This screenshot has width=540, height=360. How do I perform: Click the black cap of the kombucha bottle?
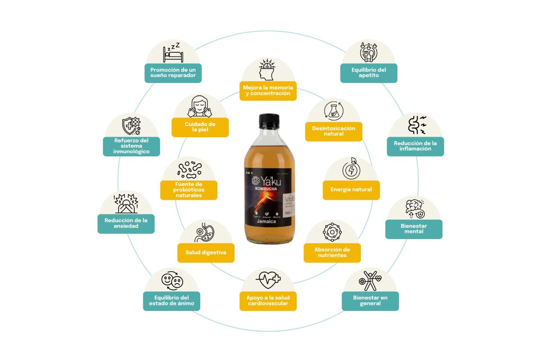269,121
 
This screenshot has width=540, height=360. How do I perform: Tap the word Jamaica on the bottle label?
266,221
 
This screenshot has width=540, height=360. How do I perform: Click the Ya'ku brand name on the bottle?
271,181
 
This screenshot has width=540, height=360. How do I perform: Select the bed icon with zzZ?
173,53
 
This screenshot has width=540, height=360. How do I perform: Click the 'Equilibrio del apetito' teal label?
369,73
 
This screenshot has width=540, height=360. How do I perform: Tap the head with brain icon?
267,69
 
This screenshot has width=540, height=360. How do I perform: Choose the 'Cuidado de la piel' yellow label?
200,127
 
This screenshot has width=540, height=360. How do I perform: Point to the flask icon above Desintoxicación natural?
333,111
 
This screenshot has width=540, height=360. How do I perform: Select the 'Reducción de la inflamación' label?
415,146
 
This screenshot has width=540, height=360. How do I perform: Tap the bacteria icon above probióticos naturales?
189,170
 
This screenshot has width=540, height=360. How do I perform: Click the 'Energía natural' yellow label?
351,190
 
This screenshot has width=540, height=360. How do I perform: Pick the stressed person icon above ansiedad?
126,203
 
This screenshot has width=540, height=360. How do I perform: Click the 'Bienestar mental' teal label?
414,229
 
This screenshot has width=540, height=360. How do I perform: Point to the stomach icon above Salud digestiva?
205,233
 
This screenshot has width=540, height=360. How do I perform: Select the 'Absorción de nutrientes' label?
332,253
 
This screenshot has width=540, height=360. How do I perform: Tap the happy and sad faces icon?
172,280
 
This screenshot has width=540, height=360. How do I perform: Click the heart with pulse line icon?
268,279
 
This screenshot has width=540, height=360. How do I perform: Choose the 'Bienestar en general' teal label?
370,301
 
